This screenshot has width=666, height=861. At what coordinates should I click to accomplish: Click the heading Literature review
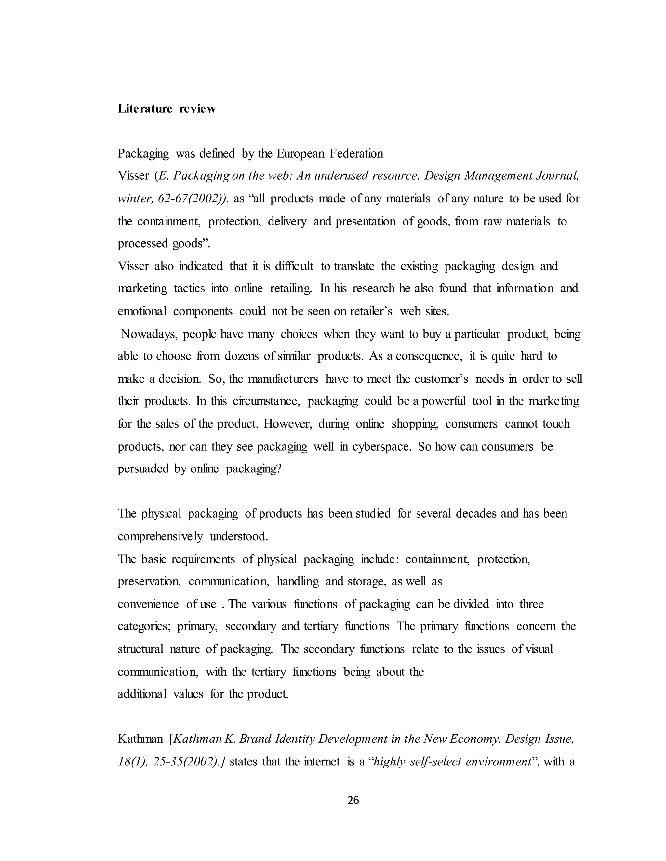166,109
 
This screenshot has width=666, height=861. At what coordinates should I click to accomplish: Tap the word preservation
149,582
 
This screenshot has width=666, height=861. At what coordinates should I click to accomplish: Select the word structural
140,649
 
